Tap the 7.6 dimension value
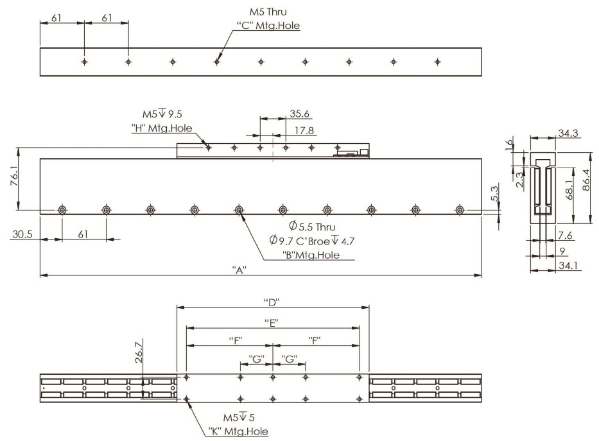pos(566,236)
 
